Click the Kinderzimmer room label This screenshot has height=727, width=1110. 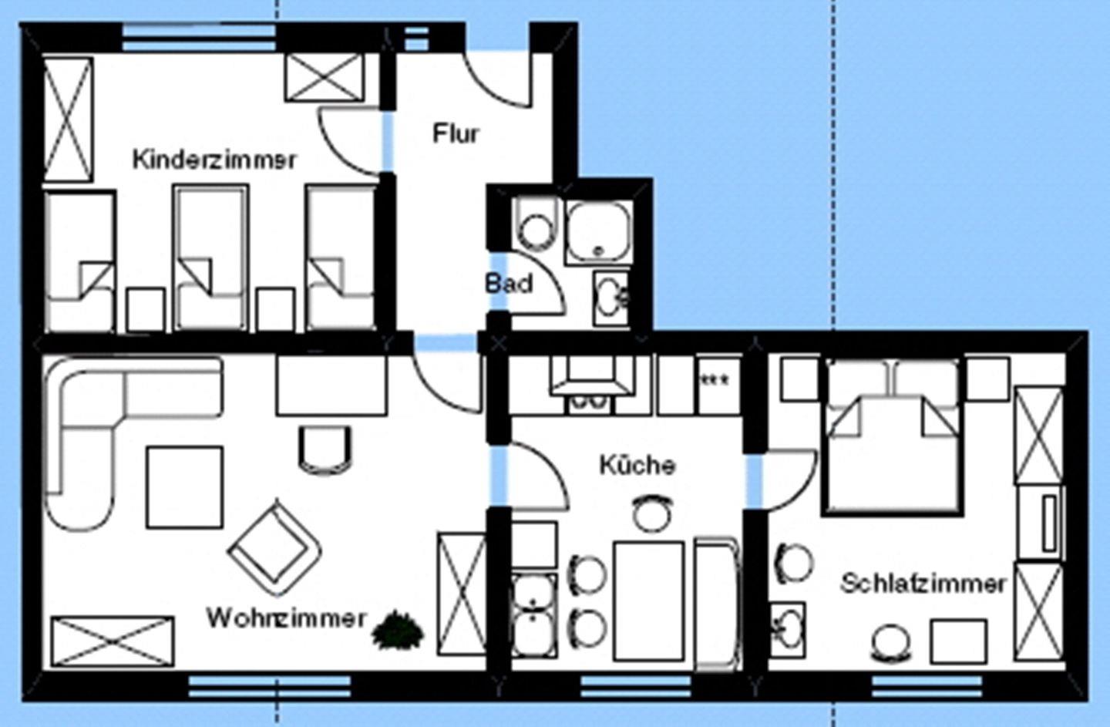tap(214, 160)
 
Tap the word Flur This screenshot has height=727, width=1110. tap(456, 134)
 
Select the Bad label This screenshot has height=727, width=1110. tap(509, 284)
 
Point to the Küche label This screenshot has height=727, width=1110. tap(637, 465)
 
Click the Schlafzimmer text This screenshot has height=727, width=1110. tap(923, 584)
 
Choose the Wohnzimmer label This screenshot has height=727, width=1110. tap(286, 618)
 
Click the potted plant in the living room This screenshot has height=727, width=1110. tap(398, 630)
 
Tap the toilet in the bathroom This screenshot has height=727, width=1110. tap(536, 224)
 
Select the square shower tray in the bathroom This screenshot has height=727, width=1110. tap(599, 232)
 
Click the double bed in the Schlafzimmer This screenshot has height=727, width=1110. tap(893, 437)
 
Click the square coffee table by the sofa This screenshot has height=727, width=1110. tap(185, 488)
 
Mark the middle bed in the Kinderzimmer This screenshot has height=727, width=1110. tap(211, 257)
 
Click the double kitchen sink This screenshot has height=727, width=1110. tap(533, 615)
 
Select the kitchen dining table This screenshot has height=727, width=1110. tap(649, 601)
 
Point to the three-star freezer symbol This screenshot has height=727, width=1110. tap(714, 380)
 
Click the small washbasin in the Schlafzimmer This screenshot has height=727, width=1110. tap(787, 630)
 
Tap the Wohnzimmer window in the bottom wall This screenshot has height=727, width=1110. tap(270, 686)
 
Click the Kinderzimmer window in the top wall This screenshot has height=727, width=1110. tap(199, 38)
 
